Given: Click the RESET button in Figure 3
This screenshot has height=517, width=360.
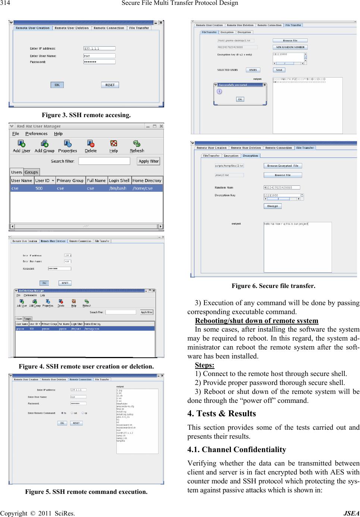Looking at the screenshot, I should (x=110, y=85).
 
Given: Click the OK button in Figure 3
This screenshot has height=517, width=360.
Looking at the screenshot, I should (x=57, y=85).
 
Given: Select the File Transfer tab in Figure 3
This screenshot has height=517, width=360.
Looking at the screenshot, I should (x=139, y=28).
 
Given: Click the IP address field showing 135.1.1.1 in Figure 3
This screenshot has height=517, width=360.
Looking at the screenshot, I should (x=100, y=48).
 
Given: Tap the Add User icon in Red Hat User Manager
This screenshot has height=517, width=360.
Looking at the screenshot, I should (x=22, y=146).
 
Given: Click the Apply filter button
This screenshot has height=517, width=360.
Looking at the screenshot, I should (x=148, y=161).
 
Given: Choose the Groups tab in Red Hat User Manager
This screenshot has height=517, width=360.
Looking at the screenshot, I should (x=31, y=172).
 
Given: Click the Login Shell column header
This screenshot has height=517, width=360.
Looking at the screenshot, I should (x=119, y=181).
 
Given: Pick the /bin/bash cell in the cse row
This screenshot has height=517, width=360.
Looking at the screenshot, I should (x=118, y=188).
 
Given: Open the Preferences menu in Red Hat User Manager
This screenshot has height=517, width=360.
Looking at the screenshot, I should (x=36, y=134).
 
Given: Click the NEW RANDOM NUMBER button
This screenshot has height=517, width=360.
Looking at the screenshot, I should (x=290, y=47).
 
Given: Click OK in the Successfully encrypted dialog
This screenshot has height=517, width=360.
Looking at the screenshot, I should (x=240, y=99).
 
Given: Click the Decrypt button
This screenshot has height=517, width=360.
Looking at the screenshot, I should (x=272, y=206).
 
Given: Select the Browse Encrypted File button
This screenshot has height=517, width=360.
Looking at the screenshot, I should (x=282, y=166).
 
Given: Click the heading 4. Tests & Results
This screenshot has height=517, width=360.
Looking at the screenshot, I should (x=222, y=413).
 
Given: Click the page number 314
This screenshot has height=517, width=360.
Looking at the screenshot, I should (x=6, y=3).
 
